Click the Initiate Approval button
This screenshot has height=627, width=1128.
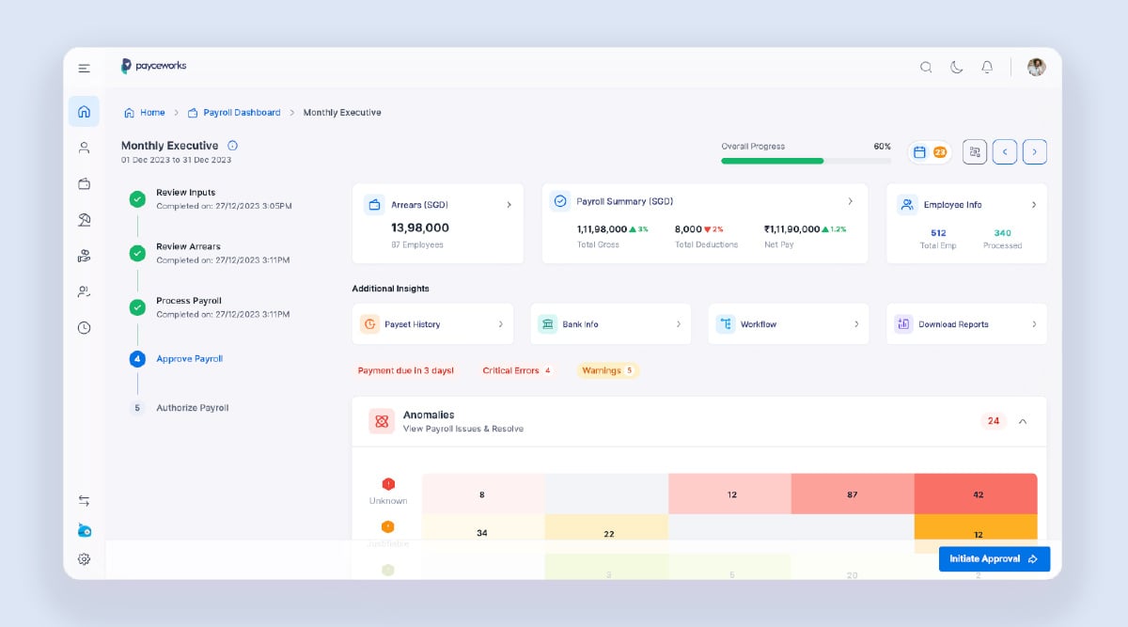[x=994, y=558]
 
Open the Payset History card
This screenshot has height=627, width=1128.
[x=432, y=324]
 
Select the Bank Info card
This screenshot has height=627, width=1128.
[x=610, y=324]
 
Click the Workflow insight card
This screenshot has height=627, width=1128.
[x=788, y=324]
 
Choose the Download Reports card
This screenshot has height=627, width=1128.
[x=965, y=324]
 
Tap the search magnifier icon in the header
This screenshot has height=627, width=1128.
[x=926, y=67]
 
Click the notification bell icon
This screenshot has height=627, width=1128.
[x=987, y=67]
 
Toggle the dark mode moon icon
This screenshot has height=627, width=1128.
[x=956, y=67]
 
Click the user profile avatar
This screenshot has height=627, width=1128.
[x=1036, y=67]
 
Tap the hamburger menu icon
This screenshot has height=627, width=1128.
[x=85, y=68]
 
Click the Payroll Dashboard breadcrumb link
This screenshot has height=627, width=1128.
[x=242, y=113]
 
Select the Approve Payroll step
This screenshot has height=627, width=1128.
[x=189, y=359]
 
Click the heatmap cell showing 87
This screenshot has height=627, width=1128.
[x=852, y=494]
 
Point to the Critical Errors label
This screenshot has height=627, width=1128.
[x=510, y=370]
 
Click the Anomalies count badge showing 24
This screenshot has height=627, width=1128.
[x=994, y=421]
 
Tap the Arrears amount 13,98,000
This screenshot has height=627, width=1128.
[x=420, y=227]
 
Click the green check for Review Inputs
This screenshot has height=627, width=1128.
[x=137, y=198]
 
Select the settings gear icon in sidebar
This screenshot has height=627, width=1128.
[x=84, y=559]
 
